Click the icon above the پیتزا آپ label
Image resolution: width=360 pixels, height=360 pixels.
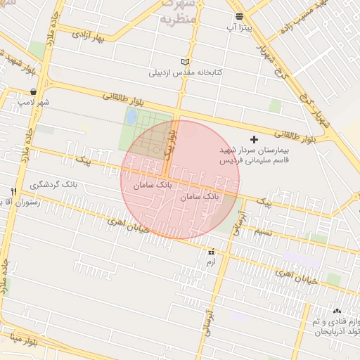240,15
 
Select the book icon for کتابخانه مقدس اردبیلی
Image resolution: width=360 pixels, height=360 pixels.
186,62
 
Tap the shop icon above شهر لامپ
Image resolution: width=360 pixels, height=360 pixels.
34,92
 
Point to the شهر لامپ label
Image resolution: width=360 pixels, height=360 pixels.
34,103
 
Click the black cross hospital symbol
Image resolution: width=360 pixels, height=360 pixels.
255,140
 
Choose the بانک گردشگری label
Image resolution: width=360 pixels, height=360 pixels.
53,184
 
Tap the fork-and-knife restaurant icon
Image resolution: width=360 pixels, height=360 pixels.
13,191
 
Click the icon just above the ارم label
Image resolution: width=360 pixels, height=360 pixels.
210,251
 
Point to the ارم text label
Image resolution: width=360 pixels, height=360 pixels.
210,262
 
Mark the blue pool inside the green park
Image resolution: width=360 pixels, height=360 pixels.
131,117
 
